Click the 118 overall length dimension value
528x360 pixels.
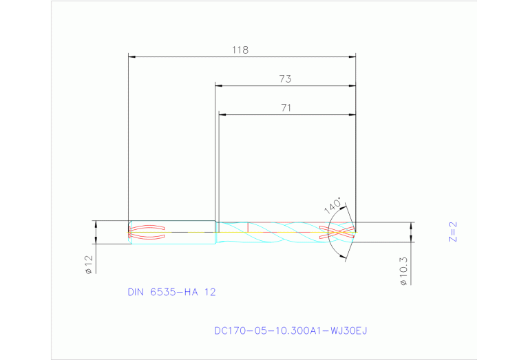point(240,50)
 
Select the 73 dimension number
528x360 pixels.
point(285,79)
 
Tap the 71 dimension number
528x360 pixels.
point(286,107)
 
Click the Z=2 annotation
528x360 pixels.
point(452,232)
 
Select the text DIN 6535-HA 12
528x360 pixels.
point(171,292)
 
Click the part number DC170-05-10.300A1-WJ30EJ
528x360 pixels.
point(291,330)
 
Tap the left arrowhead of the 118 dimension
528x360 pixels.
point(132,56)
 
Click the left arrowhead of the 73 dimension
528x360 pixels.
point(218,85)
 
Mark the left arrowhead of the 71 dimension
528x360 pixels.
point(222,114)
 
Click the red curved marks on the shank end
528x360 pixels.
point(147,233)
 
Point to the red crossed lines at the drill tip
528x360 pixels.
point(338,232)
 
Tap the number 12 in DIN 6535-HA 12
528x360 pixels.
point(209,292)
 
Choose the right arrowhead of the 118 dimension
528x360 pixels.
point(352,56)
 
